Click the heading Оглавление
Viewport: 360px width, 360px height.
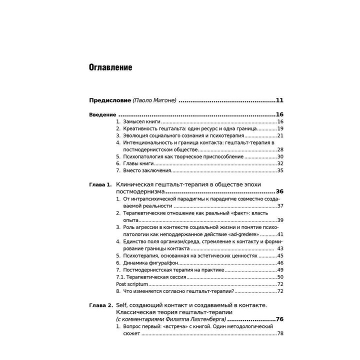[110, 67]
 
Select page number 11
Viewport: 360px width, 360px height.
[279, 100]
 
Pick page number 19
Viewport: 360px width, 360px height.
[280, 128]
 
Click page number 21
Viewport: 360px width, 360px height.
[280, 135]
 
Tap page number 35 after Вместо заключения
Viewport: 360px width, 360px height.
[280, 170]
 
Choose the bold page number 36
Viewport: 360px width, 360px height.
[279, 191]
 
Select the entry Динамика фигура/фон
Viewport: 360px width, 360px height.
[147, 263]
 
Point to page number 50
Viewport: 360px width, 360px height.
[280, 277]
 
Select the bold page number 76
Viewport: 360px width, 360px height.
[279, 319]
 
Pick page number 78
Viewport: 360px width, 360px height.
[280, 333]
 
